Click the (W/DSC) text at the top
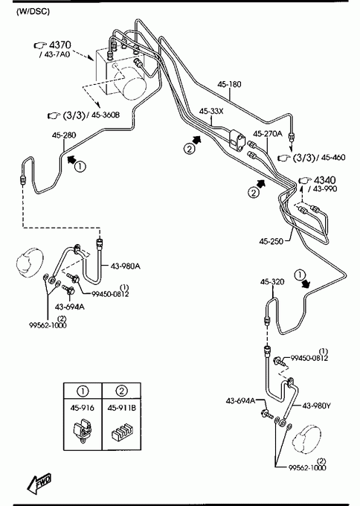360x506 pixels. (33, 12)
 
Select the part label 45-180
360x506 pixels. (229, 85)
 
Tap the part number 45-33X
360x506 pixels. (211, 112)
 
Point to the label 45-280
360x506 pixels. (64, 135)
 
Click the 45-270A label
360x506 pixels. (268, 134)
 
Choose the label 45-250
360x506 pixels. (271, 241)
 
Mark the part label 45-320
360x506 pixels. (272, 282)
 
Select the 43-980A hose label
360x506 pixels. (126, 266)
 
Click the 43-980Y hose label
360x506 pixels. (316, 406)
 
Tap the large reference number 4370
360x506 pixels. (60, 45)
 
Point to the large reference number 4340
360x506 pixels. (324, 180)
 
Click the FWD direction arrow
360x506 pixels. (39, 484)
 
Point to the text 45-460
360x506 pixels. (333, 158)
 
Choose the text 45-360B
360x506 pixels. (106, 115)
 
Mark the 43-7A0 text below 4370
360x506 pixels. (57, 54)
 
